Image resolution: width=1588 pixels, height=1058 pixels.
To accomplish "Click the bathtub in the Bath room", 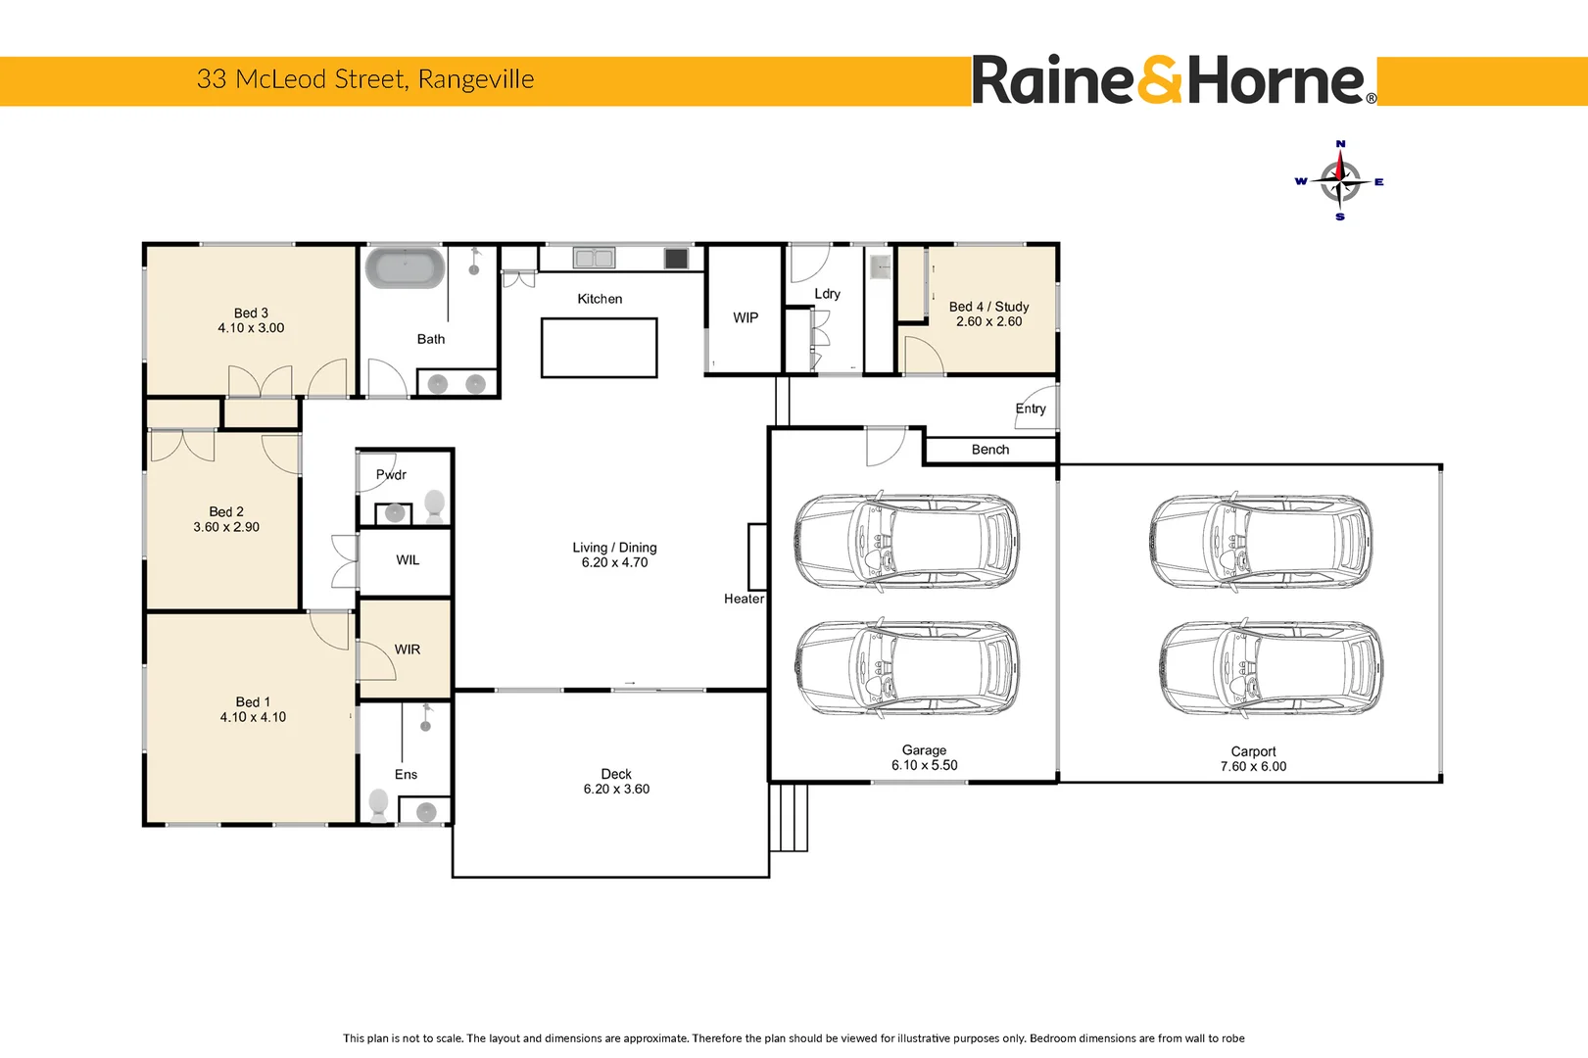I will (x=405, y=268).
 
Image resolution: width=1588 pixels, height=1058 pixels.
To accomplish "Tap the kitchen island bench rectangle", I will (x=599, y=348).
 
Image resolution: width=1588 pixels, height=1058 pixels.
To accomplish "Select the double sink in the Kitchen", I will (x=594, y=259).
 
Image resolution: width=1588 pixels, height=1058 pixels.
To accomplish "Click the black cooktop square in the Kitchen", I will (x=676, y=259).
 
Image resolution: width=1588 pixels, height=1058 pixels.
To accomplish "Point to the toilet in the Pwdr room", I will (x=435, y=505).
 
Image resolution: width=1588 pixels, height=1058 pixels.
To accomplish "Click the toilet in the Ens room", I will (x=378, y=804).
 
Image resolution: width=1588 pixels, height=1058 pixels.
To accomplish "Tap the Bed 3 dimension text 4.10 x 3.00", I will (x=251, y=328).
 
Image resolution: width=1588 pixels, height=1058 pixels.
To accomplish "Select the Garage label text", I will (x=924, y=750).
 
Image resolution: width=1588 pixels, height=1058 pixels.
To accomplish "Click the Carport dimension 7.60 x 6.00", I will (x=1253, y=767).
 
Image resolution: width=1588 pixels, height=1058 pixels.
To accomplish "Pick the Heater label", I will (x=744, y=599).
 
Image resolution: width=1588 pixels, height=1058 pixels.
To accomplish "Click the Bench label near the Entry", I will (x=990, y=450).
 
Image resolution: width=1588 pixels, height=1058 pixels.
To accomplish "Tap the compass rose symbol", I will (x=1339, y=181).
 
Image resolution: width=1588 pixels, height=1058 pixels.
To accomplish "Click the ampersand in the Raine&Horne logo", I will (x=1161, y=80).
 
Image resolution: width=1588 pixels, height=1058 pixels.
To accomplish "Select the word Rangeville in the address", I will (x=476, y=79).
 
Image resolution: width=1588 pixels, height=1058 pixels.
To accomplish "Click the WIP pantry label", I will (x=746, y=317).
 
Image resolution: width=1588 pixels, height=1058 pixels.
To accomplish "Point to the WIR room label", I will (x=408, y=649).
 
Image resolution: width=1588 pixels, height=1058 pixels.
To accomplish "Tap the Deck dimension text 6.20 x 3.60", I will (x=616, y=790).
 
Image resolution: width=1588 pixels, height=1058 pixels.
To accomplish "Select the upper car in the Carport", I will (x=1261, y=541).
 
